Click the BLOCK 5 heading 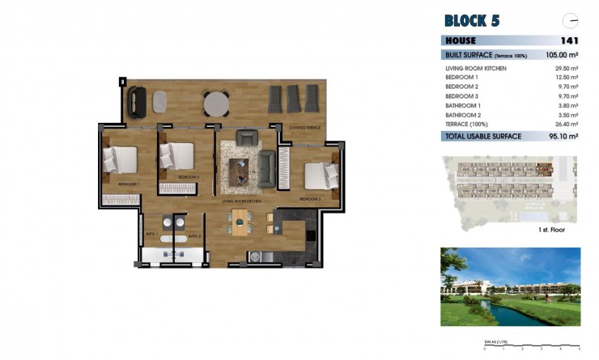pos(472,20)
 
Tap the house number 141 pos(569,40)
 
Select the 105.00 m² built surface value pos(561,55)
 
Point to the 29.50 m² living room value pos(566,70)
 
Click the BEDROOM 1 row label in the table pos(463,78)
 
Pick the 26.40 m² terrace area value pos(566,125)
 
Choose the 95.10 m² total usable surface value pos(562,138)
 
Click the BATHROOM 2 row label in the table pos(464,116)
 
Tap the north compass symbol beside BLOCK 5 pos(571,20)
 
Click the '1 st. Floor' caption pos(550,231)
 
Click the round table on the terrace pos(216,103)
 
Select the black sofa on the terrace pos(136,101)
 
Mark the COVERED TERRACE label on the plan pos(304,128)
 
